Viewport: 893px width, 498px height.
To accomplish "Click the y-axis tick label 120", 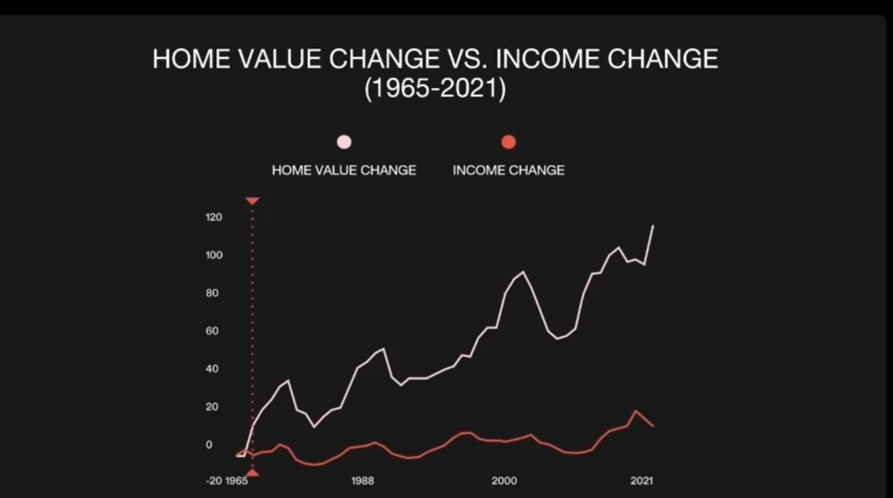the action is click(x=214, y=218).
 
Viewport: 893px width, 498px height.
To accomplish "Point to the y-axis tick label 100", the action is click(x=214, y=255).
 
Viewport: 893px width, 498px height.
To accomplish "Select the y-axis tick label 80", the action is click(x=212, y=293).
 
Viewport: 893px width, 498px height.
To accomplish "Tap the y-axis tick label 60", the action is click(x=212, y=331).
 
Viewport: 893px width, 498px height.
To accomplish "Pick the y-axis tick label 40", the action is click(x=212, y=369).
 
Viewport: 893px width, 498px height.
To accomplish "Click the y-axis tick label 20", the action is click(x=212, y=407).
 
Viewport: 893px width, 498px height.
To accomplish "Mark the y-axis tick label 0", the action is click(x=209, y=445).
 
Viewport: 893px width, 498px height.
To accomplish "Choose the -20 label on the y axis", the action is click(x=214, y=481).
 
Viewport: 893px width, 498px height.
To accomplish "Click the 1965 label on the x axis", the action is click(x=237, y=481).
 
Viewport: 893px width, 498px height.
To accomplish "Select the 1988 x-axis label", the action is click(x=362, y=481).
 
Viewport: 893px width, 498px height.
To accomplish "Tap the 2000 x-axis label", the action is click(x=504, y=481).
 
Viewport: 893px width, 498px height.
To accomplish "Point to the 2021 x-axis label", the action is click(x=642, y=481).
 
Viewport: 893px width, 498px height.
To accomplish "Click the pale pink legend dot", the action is click(x=344, y=142).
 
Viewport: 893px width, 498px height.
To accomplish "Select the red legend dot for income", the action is click(x=508, y=142).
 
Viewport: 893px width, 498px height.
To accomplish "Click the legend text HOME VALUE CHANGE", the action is click(x=344, y=170).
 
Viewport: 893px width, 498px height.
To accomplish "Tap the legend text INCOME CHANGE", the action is click(x=508, y=170).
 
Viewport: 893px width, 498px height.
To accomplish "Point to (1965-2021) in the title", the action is click(x=436, y=88).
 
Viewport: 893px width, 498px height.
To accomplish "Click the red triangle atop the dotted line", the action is click(x=252, y=201).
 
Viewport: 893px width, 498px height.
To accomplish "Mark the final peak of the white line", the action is click(x=653, y=226).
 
